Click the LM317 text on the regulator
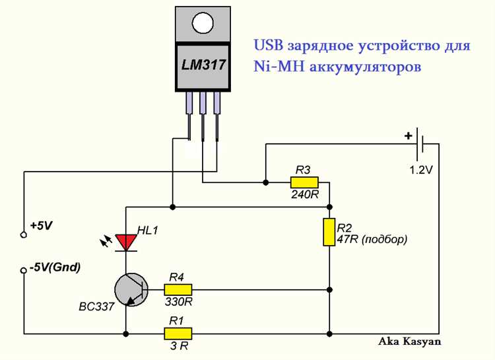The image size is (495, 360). coord(204,65)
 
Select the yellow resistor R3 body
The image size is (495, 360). coord(304,182)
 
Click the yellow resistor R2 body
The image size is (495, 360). coord(329,232)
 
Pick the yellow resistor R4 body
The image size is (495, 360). coord(178,289)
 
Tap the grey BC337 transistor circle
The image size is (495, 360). coord(130,290)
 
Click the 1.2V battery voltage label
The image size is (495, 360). coord(420,170)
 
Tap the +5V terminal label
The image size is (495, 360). coord(41,225)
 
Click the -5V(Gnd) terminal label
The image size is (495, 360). coord(55,268)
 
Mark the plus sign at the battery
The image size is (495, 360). coord(409,136)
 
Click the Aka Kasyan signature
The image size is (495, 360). coord(409,342)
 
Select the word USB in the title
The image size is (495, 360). coord(267,46)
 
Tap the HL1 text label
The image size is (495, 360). coord(148,231)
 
